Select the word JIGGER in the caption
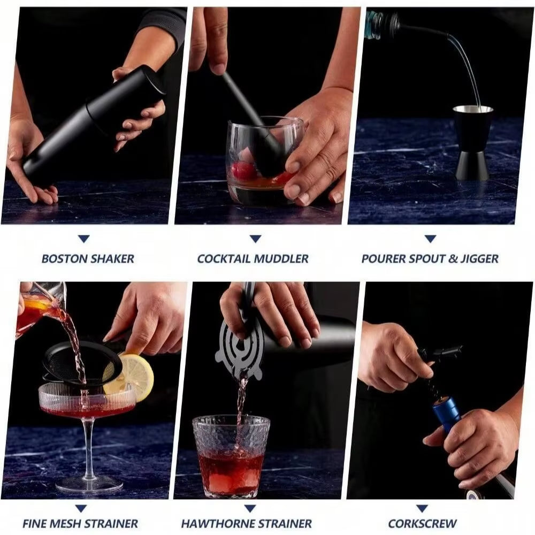pyautogui.click(x=480, y=259)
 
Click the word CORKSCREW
pyautogui.click(x=422, y=523)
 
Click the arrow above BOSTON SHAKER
pyautogui.click(x=83, y=239)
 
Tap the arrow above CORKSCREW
pyautogui.click(x=422, y=508)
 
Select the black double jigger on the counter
pyautogui.click(x=473, y=142)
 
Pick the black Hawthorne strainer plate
pyautogui.click(x=239, y=350)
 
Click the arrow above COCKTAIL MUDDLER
pyautogui.click(x=255, y=239)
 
